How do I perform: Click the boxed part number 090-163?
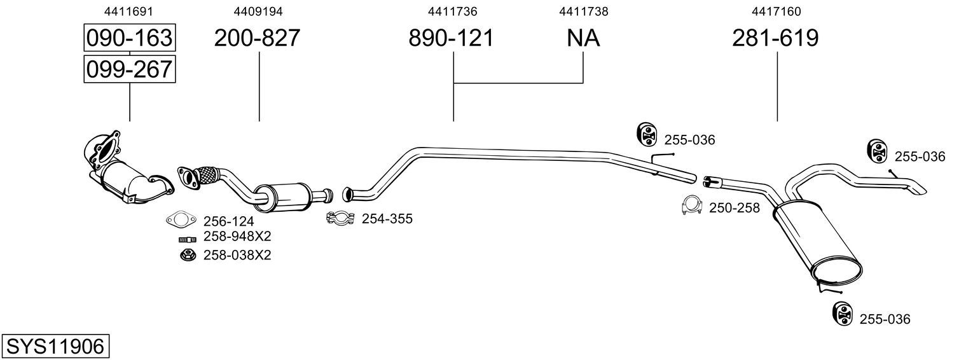[x=129, y=38]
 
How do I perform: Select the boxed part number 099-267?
[x=129, y=69]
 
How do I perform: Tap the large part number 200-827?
[x=256, y=39]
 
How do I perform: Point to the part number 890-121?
[x=451, y=39]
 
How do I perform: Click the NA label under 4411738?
[x=583, y=39]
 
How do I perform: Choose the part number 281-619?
[x=775, y=39]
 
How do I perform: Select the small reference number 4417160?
[x=776, y=11]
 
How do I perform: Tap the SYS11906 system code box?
[x=55, y=347]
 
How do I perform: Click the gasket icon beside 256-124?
[x=181, y=220]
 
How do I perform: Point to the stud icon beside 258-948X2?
[x=186, y=240]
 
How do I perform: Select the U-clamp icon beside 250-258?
[x=691, y=205]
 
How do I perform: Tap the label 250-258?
[x=734, y=208]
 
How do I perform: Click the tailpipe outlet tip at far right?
[x=920, y=189]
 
